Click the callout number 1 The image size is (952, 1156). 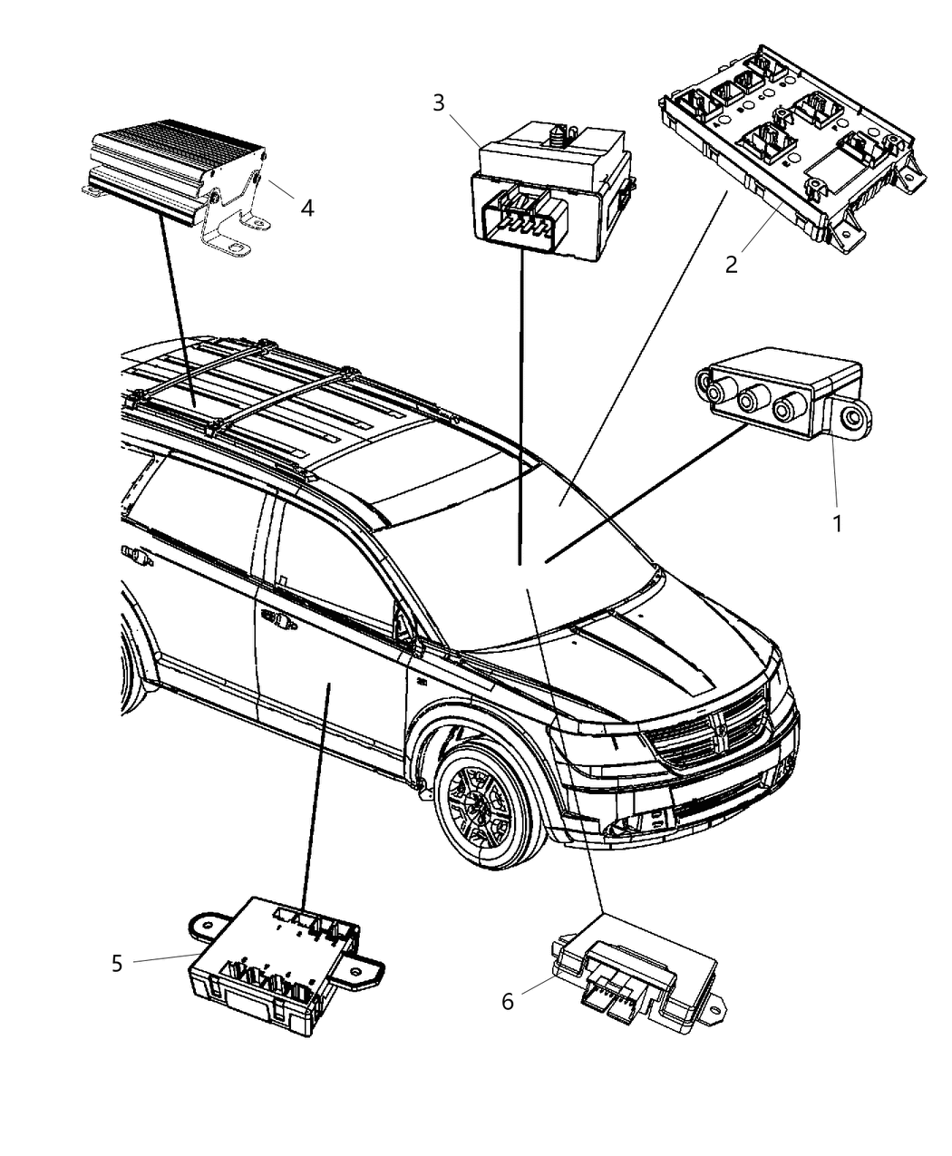(x=837, y=523)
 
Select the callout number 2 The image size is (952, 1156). (x=731, y=265)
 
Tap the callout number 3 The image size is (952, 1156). (x=439, y=102)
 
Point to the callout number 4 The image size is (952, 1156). (x=307, y=209)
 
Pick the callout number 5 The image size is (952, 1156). (x=117, y=963)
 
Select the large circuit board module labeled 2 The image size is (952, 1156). (x=789, y=150)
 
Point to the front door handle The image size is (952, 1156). (x=279, y=621)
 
